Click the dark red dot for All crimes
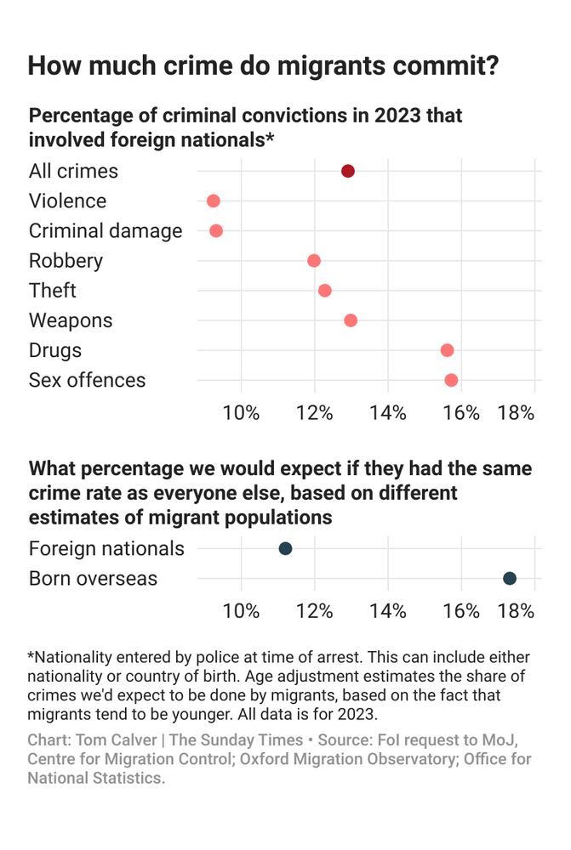[x=348, y=171]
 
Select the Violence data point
[x=214, y=201]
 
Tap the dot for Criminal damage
[x=216, y=230]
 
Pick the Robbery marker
[x=314, y=260]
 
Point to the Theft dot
[x=324, y=291]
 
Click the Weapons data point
[x=351, y=320]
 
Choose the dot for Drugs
[x=448, y=350]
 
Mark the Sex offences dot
[x=451, y=380]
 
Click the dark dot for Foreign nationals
[x=286, y=548]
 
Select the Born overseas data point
[x=510, y=578]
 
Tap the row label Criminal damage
[x=106, y=230]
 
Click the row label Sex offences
[x=88, y=380]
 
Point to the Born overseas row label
[x=93, y=578]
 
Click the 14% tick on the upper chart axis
[x=389, y=413]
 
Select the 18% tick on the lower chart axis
[x=516, y=611]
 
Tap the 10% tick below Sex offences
[x=242, y=413]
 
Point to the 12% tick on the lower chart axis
[x=315, y=611]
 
